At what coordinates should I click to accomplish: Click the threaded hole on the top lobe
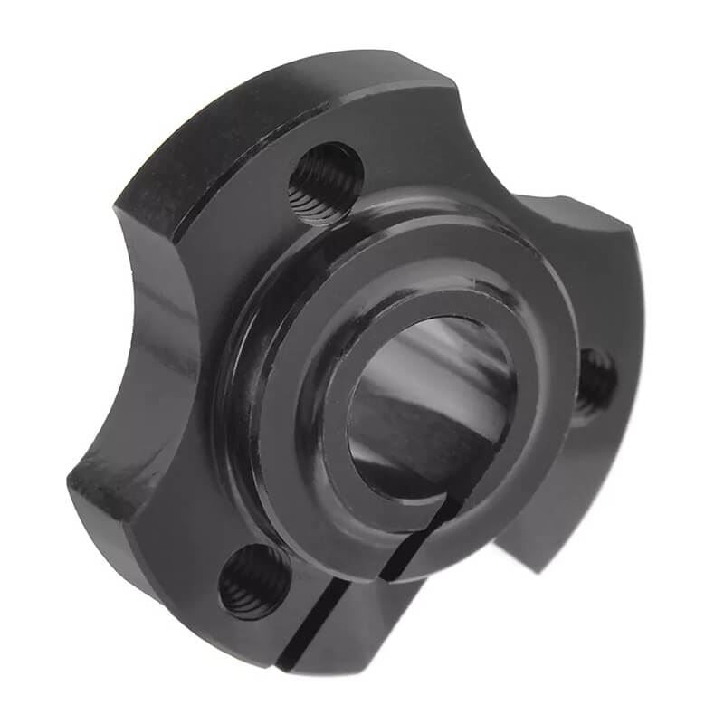(326, 182)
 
